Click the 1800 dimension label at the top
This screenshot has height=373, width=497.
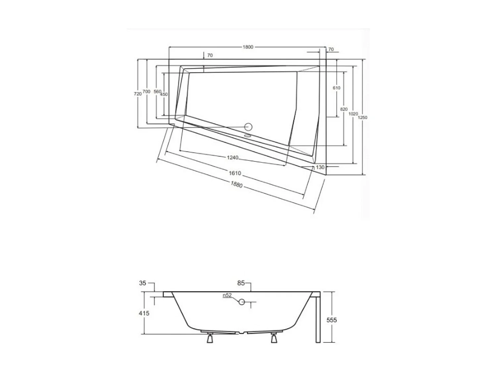tap(248, 47)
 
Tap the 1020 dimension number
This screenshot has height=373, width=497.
tap(353, 114)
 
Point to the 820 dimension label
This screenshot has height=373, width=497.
tap(344, 109)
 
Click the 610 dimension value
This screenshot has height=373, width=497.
tap(336, 88)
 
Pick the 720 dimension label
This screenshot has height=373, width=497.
tap(138, 94)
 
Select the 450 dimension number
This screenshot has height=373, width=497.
tap(164, 94)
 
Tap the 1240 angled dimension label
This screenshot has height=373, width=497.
tap(233, 157)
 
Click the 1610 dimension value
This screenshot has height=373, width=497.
tap(235, 173)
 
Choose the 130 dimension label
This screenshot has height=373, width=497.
tap(320, 167)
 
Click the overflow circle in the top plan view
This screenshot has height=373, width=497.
tap(248, 127)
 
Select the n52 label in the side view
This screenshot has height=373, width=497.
tap(227, 295)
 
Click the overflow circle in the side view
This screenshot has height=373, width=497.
tap(242, 302)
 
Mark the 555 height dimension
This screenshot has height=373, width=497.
tap(332, 320)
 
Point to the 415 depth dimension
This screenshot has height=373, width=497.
tap(144, 313)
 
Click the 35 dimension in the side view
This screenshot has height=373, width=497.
tap(142, 283)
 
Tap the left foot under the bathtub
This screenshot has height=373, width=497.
tap(209, 339)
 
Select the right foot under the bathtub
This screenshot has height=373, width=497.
tap(274, 339)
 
